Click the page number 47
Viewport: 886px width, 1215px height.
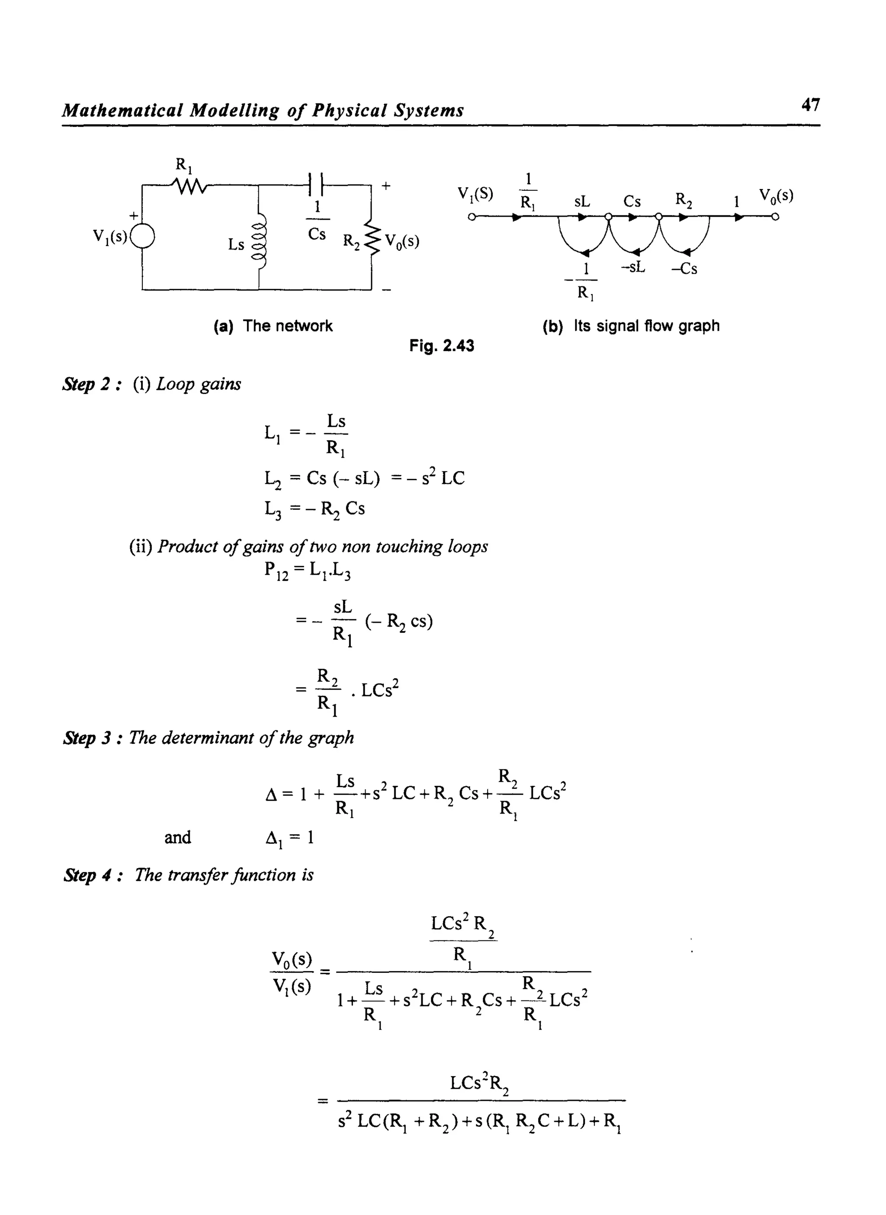pos(810,105)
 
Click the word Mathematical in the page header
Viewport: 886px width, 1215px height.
pos(123,110)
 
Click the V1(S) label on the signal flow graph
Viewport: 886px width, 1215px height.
pos(475,194)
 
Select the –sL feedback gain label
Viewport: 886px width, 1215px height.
pos(633,267)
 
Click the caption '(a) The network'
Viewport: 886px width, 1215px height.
pos(273,326)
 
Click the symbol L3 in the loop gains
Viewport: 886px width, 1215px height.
pos(273,509)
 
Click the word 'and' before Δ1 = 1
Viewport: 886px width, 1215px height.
pos(177,837)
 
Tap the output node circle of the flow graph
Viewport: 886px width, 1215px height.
pos(775,217)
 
